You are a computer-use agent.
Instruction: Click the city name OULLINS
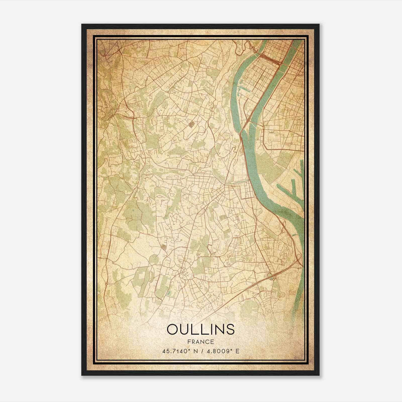(x=200, y=329)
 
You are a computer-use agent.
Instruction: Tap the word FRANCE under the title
(x=200, y=342)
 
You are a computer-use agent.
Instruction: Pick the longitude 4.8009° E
(x=223, y=351)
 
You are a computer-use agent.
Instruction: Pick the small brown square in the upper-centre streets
(x=192, y=124)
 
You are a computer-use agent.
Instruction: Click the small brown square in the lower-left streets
(x=163, y=247)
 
